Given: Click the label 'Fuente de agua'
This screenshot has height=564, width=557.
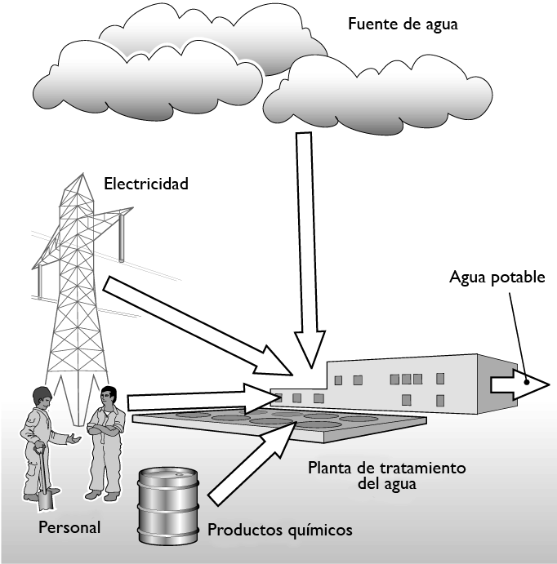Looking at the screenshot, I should coord(403,24).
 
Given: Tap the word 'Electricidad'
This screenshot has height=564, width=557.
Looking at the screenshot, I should coord(146,184).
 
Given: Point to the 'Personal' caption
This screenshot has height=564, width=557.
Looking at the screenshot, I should coord(69,527).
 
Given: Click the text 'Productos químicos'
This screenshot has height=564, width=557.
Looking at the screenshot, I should coord(280,530).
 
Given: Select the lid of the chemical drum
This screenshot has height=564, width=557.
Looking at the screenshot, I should coord(167,474).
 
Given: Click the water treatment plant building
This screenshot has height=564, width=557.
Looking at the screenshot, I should coord(400,384).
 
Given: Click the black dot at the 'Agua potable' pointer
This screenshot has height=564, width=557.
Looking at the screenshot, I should coord(528,381).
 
